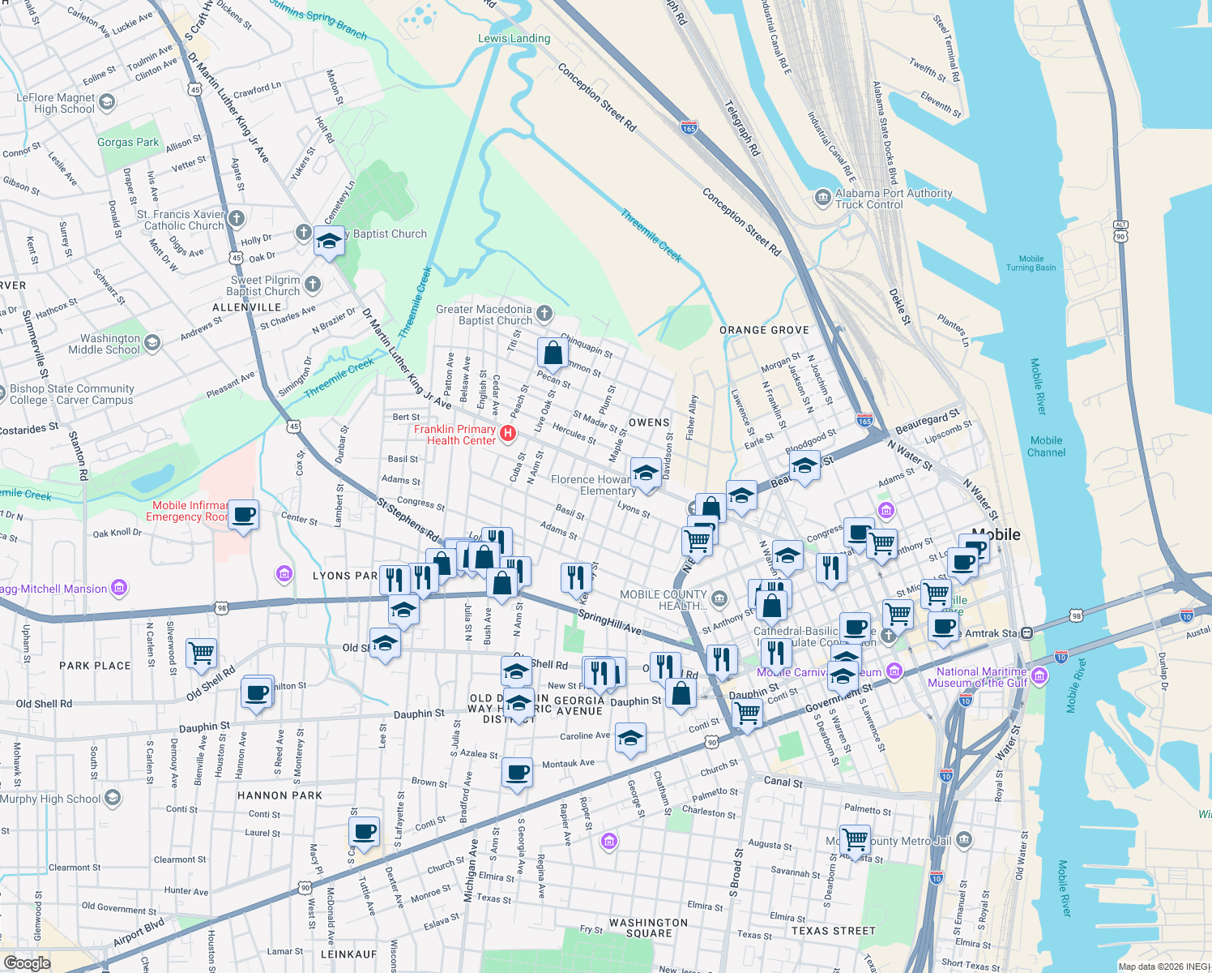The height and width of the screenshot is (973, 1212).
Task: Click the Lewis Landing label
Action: tap(514, 38)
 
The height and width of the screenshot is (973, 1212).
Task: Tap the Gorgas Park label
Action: tap(128, 142)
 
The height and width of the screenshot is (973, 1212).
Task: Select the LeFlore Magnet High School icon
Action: tap(107, 102)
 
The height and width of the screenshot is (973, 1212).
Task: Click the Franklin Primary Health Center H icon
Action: tap(508, 433)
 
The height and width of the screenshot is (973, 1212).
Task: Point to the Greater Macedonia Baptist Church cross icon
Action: tap(544, 313)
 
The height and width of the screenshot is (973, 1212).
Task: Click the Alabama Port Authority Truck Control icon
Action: tap(823, 197)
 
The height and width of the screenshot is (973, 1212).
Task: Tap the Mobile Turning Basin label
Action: tap(1031, 263)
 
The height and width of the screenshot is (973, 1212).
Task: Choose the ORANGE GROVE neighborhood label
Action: tap(764, 330)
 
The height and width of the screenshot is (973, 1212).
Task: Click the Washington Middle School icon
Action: tap(151, 342)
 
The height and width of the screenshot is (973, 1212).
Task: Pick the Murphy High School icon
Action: tap(113, 798)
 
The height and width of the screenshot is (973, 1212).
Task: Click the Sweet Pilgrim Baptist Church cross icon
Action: tap(313, 284)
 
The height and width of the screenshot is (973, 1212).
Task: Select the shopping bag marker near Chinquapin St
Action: tap(553, 354)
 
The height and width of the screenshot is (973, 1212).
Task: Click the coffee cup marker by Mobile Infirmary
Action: tap(243, 514)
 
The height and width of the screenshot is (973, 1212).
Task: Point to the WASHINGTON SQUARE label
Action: tap(648, 928)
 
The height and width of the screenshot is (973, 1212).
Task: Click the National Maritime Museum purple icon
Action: tap(1040, 675)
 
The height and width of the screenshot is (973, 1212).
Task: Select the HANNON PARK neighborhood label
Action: tap(280, 795)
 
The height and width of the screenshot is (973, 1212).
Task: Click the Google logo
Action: tap(27, 962)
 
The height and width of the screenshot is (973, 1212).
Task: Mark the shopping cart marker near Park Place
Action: tap(201, 652)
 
